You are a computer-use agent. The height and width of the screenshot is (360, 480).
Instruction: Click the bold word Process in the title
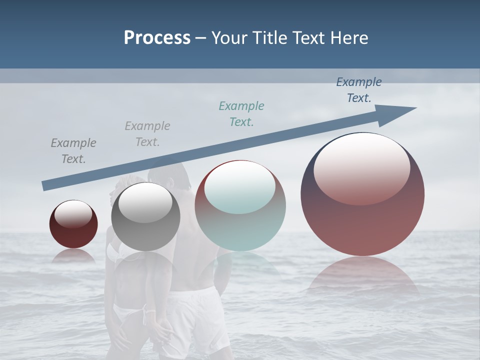point(157,37)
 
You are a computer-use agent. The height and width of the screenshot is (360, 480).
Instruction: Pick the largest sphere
point(362,195)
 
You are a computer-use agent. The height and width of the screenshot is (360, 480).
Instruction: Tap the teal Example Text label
point(241,114)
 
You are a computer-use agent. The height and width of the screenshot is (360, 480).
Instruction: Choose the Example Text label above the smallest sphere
point(73,151)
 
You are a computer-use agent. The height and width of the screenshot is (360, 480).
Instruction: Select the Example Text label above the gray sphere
point(147,134)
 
